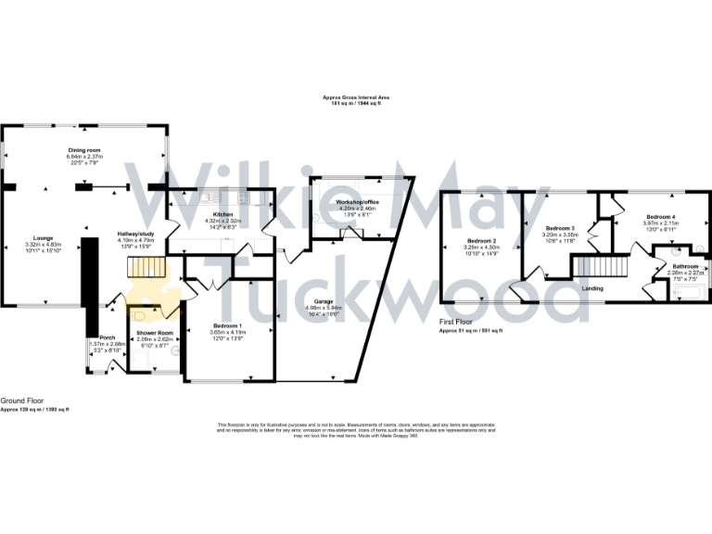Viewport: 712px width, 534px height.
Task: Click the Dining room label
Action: (x=84, y=149)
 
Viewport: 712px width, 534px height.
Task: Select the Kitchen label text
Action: (x=222, y=213)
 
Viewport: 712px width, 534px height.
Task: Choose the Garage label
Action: (x=323, y=301)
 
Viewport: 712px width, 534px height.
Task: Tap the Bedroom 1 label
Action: (x=228, y=325)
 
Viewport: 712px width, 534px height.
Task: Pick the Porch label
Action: (x=108, y=337)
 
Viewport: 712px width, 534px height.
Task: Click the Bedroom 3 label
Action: (x=560, y=228)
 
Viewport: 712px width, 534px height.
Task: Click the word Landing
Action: (x=593, y=288)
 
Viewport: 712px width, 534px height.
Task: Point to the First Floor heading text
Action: (x=458, y=324)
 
